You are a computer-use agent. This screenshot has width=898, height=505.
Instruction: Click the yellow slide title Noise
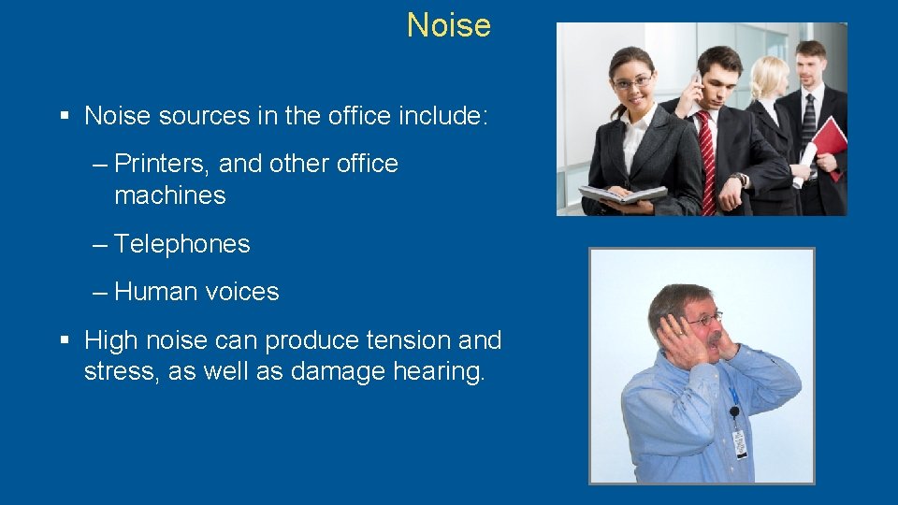[448, 25]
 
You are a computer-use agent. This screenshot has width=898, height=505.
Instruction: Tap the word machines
[169, 195]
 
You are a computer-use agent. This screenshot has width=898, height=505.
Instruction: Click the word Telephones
[181, 244]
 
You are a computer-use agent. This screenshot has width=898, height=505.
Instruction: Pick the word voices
[241, 292]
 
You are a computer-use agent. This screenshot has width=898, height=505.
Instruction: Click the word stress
[117, 372]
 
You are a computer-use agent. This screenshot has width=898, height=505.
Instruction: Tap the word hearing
[440, 372]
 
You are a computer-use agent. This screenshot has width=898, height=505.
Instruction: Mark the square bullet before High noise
[65, 340]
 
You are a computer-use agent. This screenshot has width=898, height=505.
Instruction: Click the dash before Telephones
[99, 244]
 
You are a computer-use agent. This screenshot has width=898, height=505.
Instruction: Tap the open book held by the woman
[622, 194]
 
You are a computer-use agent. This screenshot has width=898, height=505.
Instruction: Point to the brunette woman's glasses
[633, 82]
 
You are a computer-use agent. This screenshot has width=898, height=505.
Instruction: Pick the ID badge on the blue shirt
[740, 440]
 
